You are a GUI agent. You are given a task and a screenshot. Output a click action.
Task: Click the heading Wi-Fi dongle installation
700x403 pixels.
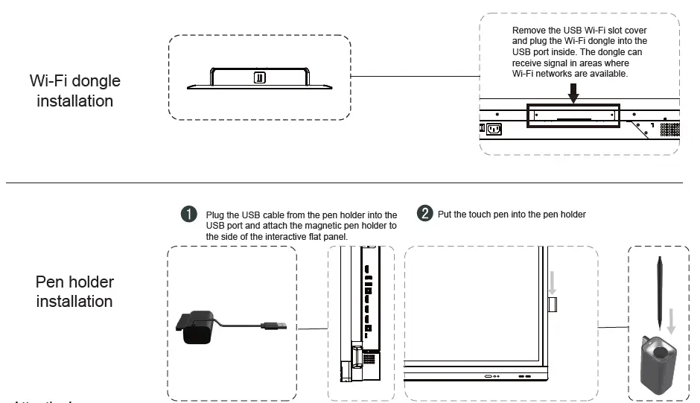pos(74,90)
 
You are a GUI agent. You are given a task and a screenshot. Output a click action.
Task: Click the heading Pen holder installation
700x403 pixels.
pos(74,292)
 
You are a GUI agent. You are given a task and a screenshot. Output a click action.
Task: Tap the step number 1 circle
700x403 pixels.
pos(190,215)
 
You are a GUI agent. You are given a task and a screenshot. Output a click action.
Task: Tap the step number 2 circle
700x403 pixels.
pos(425,215)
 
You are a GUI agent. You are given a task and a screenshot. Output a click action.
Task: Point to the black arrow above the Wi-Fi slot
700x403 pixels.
pos(573,91)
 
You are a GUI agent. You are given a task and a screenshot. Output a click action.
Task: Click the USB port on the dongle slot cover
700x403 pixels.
pos(259,77)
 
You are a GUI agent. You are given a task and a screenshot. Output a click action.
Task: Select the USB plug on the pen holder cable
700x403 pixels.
pos(275,325)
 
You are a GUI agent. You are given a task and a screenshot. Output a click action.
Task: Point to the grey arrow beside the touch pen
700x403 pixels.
pos(672,320)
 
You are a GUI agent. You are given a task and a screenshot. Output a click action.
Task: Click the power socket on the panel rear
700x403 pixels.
pos(493,128)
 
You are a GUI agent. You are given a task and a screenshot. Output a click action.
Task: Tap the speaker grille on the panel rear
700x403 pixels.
pos(670,129)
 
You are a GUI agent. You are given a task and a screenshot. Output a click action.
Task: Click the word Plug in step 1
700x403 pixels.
pos(215,215)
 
